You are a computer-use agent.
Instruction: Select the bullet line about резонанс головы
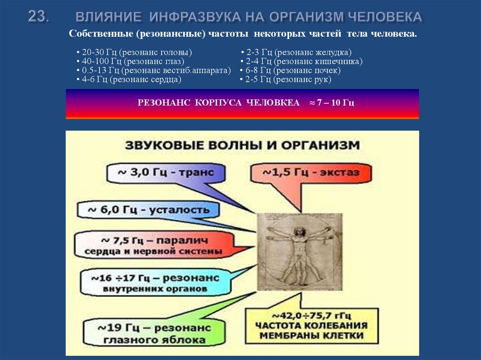pos(137,52)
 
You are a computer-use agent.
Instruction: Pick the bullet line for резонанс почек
pos(293,70)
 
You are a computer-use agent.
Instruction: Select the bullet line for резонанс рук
pos(288,80)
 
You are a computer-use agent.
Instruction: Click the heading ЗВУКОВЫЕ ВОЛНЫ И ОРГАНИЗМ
pos(242,145)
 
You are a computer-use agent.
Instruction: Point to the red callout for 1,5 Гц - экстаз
pos(310,173)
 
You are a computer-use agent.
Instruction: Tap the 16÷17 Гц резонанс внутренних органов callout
pos(155,283)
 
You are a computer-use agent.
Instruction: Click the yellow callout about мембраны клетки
pos(311,325)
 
